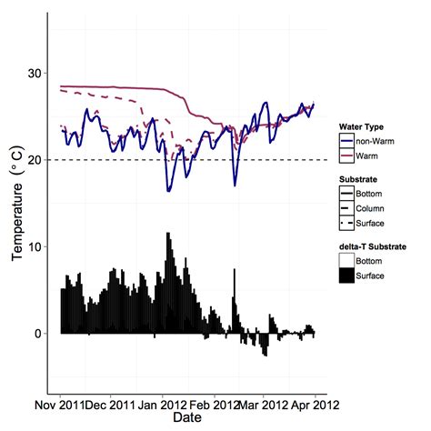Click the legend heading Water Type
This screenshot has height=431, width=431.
point(365,126)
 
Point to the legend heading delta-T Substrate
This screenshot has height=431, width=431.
point(376,246)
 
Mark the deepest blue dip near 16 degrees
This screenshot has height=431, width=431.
point(169,189)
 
